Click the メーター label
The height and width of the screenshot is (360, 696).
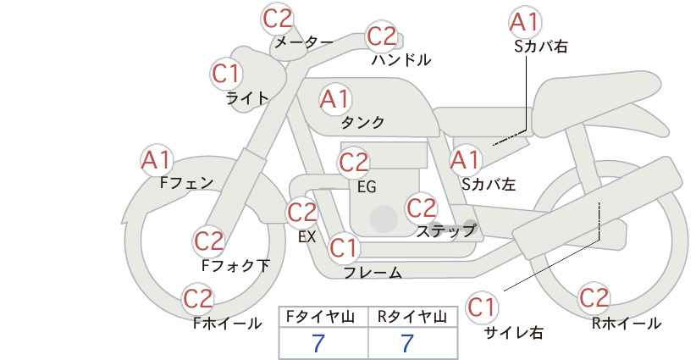[304, 42]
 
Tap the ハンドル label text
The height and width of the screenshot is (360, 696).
[401, 59]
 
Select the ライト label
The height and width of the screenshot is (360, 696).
[247, 98]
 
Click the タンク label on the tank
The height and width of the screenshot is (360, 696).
[362, 122]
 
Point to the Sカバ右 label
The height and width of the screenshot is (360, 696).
[541, 47]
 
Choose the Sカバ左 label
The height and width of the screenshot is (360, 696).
[489, 184]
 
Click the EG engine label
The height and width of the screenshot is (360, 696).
[367, 187]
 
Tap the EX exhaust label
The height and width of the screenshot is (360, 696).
[307, 237]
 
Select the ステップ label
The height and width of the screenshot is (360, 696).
[445, 231]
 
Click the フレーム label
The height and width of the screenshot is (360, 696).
[373, 273]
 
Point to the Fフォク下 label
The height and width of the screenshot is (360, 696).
[235, 265]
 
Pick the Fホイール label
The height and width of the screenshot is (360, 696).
[227, 324]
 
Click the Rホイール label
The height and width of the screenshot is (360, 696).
[627, 324]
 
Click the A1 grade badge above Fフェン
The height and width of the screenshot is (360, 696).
[157, 161]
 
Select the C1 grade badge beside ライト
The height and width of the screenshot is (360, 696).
[227, 74]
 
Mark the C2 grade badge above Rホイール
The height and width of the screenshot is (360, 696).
[594, 298]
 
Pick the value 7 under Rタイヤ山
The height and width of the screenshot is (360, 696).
[407, 343]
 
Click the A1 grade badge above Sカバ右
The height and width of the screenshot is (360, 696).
[525, 22]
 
